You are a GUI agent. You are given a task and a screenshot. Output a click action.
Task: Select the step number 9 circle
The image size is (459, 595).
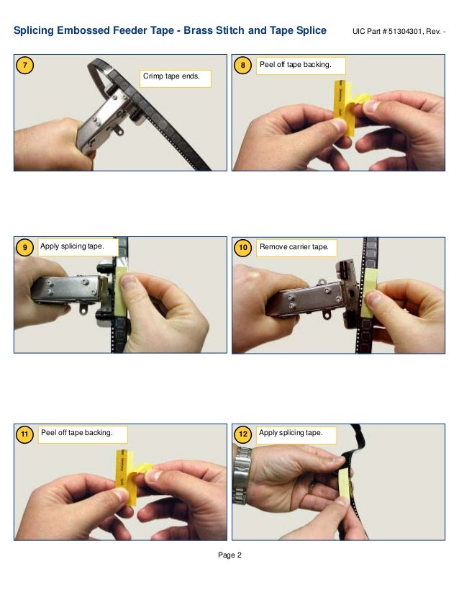pos(25,248)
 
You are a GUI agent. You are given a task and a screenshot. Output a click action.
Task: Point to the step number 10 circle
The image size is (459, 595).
pos(243,248)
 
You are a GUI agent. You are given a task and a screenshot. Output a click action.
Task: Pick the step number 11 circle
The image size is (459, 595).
pos(25,434)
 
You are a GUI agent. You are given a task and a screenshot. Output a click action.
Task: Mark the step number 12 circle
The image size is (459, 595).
pos(243,434)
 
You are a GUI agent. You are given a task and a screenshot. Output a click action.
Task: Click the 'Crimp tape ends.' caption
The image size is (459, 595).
pos(175,76)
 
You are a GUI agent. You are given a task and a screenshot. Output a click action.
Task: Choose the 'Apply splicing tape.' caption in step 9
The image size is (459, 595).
pos(72,246)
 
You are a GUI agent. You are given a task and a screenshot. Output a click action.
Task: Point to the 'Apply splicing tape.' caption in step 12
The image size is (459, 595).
pos(290,432)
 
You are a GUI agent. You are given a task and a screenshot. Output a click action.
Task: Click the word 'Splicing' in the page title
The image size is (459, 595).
pos(35,31)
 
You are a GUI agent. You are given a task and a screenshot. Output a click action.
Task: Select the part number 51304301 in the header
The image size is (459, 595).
pos(406,32)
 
